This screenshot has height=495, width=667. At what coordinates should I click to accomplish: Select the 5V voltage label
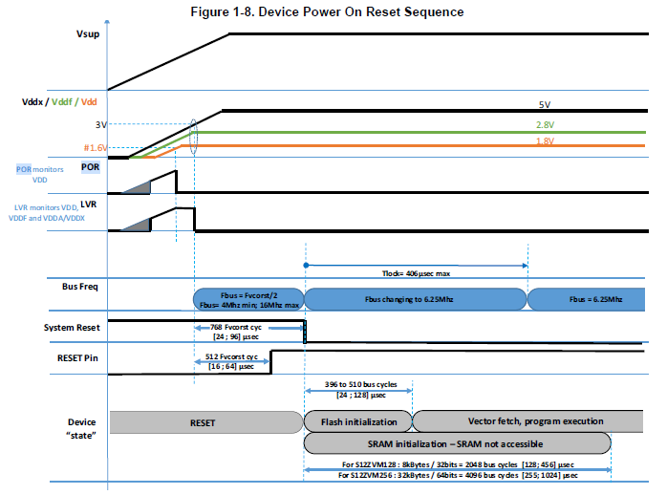(x=544, y=104)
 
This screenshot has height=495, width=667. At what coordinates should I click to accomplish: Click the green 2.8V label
(x=545, y=124)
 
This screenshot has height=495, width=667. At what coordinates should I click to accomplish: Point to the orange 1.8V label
(x=545, y=141)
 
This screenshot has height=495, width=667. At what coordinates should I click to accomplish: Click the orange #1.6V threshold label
(x=97, y=147)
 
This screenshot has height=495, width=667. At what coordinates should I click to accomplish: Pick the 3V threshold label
(x=101, y=125)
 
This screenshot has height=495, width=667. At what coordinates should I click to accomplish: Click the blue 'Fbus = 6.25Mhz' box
(x=587, y=299)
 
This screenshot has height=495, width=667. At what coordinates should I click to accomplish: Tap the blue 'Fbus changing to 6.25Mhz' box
(x=416, y=299)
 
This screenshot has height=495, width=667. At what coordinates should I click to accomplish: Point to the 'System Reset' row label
(x=75, y=328)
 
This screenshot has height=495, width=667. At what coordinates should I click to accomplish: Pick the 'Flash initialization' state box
(x=357, y=420)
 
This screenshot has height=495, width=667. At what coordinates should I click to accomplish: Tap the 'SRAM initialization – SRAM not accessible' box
(x=457, y=442)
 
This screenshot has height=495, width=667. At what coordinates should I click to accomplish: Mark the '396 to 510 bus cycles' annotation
(x=358, y=384)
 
